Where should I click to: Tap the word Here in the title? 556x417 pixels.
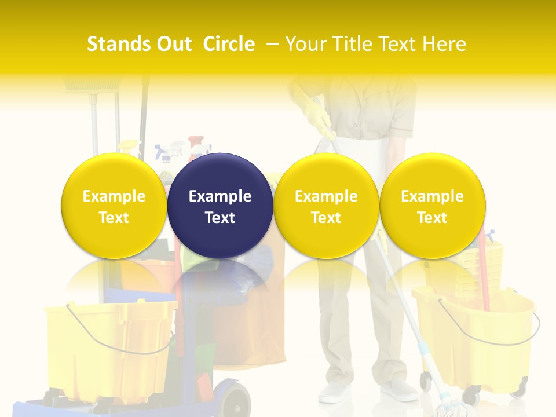click(x=444, y=44)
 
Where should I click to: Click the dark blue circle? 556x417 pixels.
click(x=220, y=206)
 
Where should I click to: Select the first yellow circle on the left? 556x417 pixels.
click(x=114, y=206)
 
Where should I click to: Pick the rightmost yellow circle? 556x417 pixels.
click(x=432, y=206)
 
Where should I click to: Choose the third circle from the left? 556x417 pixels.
click(x=326, y=206)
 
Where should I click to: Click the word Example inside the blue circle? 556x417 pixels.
click(x=220, y=196)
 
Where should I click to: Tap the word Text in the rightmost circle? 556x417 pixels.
click(x=432, y=218)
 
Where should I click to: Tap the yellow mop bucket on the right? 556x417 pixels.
click(x=475, y=336)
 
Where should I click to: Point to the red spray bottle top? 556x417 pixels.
click(x=196, y=142)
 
